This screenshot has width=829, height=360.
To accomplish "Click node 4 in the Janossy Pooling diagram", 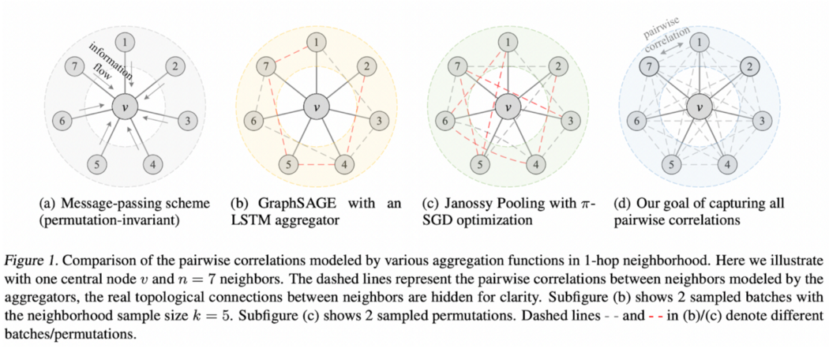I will click(534, 164).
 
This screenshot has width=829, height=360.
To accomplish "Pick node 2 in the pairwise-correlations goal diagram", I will click(744, 66).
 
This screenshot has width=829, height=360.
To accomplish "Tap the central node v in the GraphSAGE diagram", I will click(317, 105).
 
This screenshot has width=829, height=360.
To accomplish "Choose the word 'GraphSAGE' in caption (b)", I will click(288, 202).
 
